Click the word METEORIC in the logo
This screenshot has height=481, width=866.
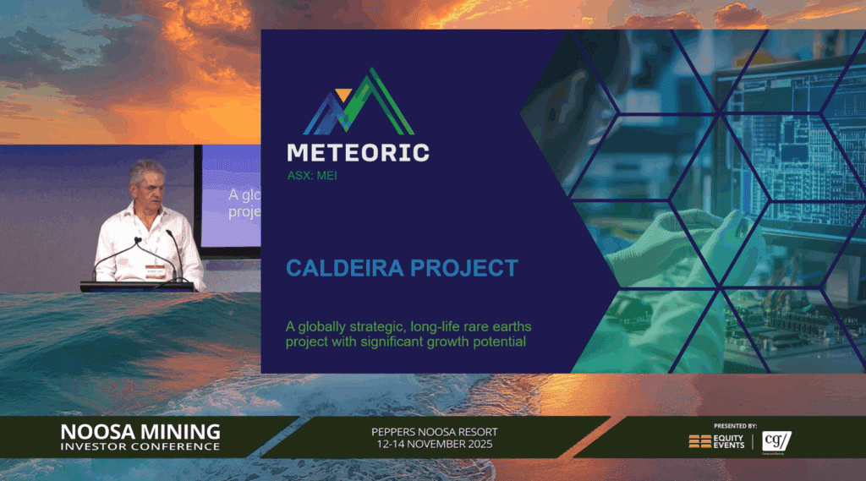click(357, 153)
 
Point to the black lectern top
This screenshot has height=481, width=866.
click(137, 286)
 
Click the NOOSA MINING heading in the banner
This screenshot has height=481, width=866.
click(140, 431)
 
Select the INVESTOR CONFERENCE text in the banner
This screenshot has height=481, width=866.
click(140, 446)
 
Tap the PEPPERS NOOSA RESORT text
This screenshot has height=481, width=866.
click(435, 432)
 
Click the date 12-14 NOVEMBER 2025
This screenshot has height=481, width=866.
click(435, 445)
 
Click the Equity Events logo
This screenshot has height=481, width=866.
click(717, 441)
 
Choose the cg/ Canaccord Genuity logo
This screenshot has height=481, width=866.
click(776, 441)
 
